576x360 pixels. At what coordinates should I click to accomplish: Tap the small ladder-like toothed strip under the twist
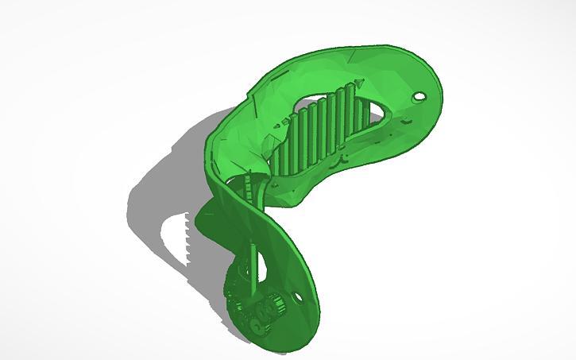[x=253, y=191]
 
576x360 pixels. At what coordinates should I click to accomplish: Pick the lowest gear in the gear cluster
[x=256, y=327]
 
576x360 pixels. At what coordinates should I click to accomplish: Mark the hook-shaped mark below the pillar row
[x=345, y=159]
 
